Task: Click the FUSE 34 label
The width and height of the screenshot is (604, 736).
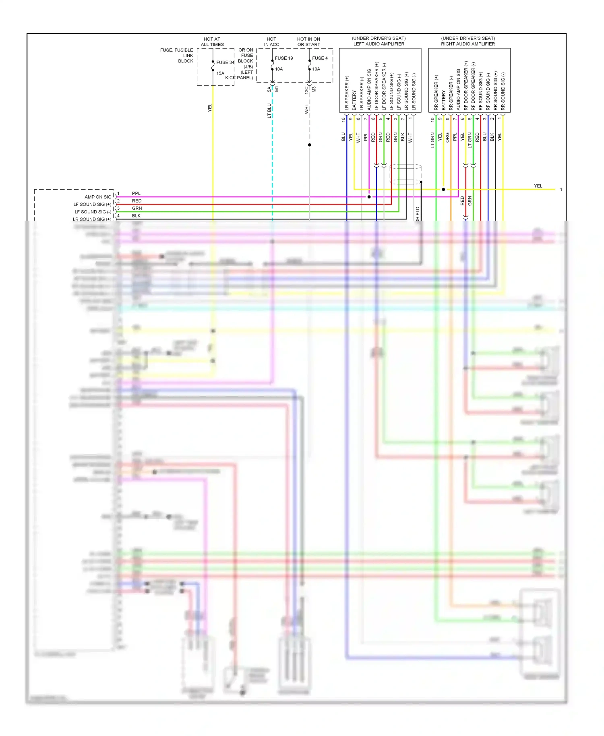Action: (x=225, y=62)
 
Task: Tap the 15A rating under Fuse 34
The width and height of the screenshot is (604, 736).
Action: (x=220, y=73)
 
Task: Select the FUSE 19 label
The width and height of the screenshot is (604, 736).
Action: (x=284, y=58)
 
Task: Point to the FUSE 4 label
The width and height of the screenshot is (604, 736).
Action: (x=320, y=58)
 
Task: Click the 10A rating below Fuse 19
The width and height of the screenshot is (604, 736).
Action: (x=279, y=69)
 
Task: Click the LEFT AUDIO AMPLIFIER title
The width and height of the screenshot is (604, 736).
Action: (x=379, y=44)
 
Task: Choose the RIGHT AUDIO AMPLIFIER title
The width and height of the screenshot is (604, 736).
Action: (x=468, y=44)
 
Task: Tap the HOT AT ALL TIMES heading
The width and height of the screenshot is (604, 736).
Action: (x=212, y=42)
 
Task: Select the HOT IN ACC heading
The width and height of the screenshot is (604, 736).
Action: (x=271, y=42)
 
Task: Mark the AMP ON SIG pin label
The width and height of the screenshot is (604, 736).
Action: (x=98, y=197)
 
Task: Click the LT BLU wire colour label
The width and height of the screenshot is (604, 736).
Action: (x=269, y=111)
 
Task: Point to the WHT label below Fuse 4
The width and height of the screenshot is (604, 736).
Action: (x=306, y=109)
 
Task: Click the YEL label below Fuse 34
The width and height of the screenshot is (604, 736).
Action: (x=210, y=108)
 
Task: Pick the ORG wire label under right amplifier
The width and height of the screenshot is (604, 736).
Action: (x=447, y=137)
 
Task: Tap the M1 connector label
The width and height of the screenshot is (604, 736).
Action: (x=277, y=89)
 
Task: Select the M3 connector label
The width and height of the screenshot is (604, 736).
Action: (x=314, y=89)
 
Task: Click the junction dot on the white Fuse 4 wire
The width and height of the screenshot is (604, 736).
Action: (x=310, y=145)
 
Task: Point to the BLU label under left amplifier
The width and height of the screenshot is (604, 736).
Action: (x=343, y=137)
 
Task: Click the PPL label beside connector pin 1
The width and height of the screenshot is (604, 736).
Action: (x=136, y=194)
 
